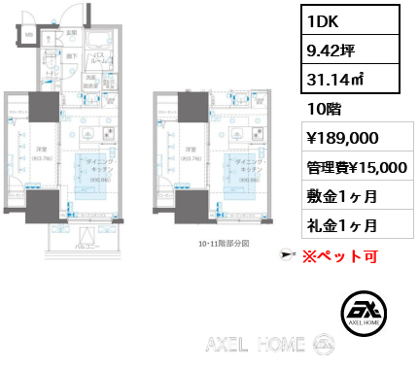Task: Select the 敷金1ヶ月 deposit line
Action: click(340, 197)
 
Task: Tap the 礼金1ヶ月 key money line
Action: click(340, 227)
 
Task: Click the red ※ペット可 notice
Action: click(337, 257)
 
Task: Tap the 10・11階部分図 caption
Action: click(224, 244)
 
